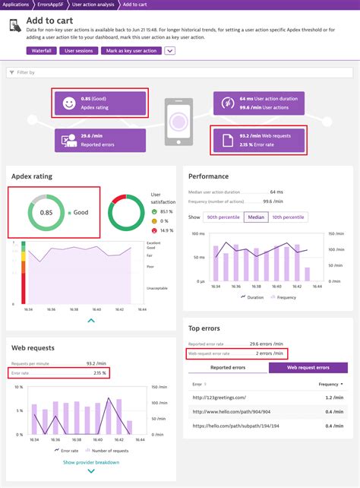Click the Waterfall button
[x=41, y=51]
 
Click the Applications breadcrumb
[x=16, y=5]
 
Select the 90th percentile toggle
[x=224, y=217]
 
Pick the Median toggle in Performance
[x=257, y=217]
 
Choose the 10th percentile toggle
[x=289, y=217]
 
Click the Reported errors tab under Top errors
[x=228, y=368]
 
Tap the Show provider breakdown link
[x=90, y=462]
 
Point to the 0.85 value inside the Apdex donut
[x=46, y=212]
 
